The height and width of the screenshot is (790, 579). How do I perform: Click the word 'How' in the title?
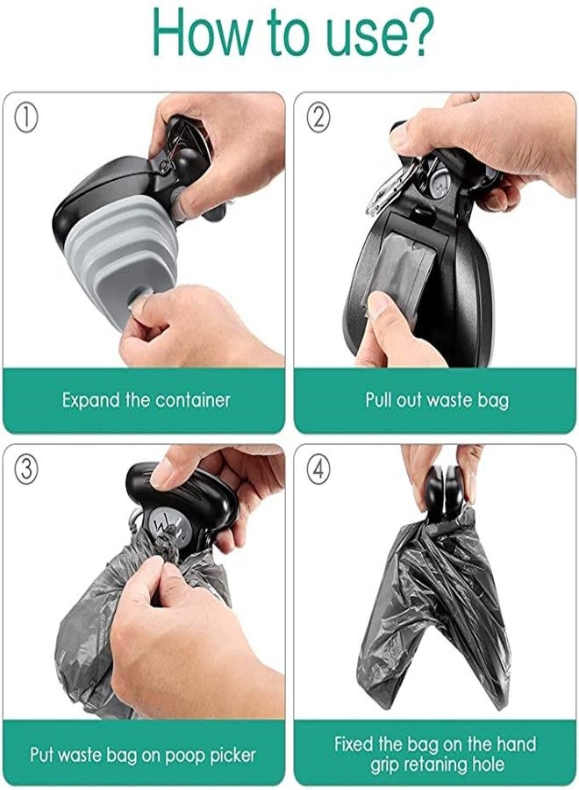pyautogui.click(x=201, y=32)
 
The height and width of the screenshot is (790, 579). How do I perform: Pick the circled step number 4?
pyautogui.click(x=318, y=470)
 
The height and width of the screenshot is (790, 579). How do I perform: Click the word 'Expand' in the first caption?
pyautogui.click(x=91, y=400)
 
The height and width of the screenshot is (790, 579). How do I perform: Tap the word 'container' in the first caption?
pyautogui.click(x=193, y=400)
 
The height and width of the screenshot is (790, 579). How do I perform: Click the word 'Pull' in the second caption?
pyautogui.click(x=380, y=400)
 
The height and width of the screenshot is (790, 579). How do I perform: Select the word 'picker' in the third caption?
pyautogui.click(x=231, y=753)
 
